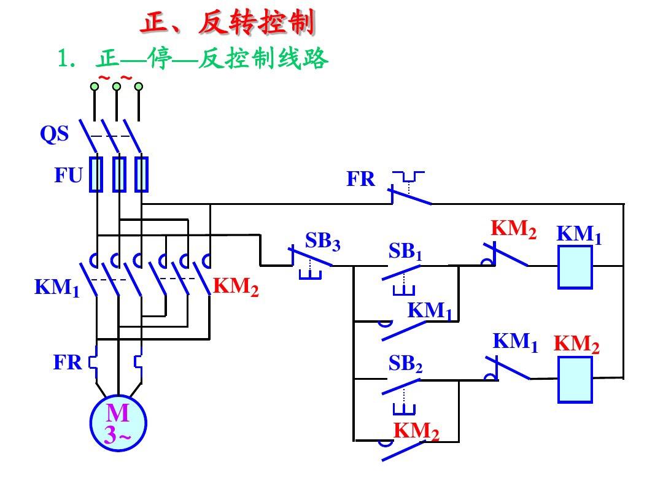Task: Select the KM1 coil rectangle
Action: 575,267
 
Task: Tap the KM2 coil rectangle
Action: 575,380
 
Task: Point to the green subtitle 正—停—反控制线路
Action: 212,60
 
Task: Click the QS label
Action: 55,134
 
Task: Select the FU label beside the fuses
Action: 68,176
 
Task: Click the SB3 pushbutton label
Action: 322,242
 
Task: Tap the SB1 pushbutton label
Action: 405,252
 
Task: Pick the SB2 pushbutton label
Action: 405,364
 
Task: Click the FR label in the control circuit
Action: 360,179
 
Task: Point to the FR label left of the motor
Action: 68,363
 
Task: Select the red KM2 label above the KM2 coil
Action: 576,344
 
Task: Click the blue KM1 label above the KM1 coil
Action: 579,234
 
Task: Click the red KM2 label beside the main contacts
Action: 236,287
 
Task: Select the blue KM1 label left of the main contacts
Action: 56,287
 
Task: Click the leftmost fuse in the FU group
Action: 96,175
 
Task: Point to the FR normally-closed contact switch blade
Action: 411,196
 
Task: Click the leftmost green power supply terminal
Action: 95,87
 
